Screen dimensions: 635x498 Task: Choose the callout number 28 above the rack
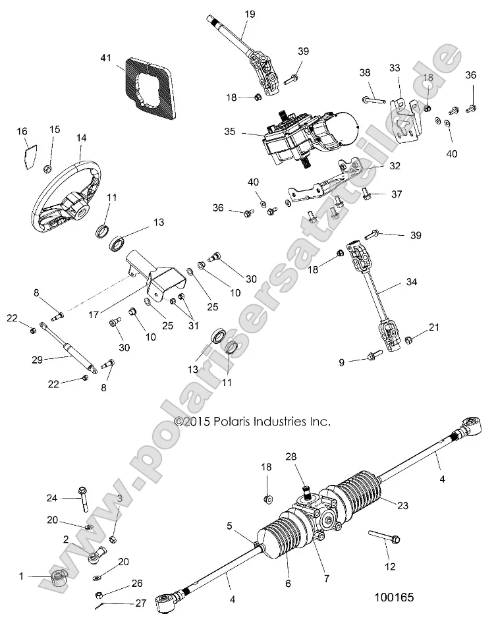pos(290,456)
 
